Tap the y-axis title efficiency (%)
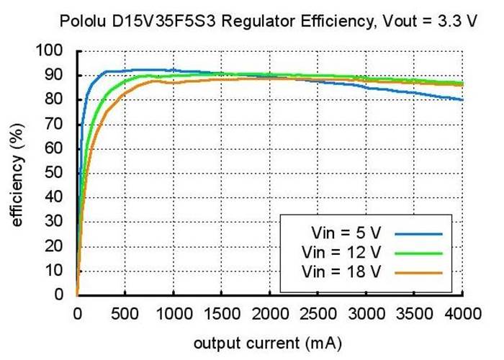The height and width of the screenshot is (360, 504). point(17,174)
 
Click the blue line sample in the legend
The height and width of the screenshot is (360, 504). point(417,233)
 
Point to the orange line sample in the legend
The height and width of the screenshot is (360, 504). point(417,271)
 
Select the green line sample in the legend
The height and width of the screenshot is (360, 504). point(417,252)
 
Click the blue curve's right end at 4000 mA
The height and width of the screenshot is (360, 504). point(462,99)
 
